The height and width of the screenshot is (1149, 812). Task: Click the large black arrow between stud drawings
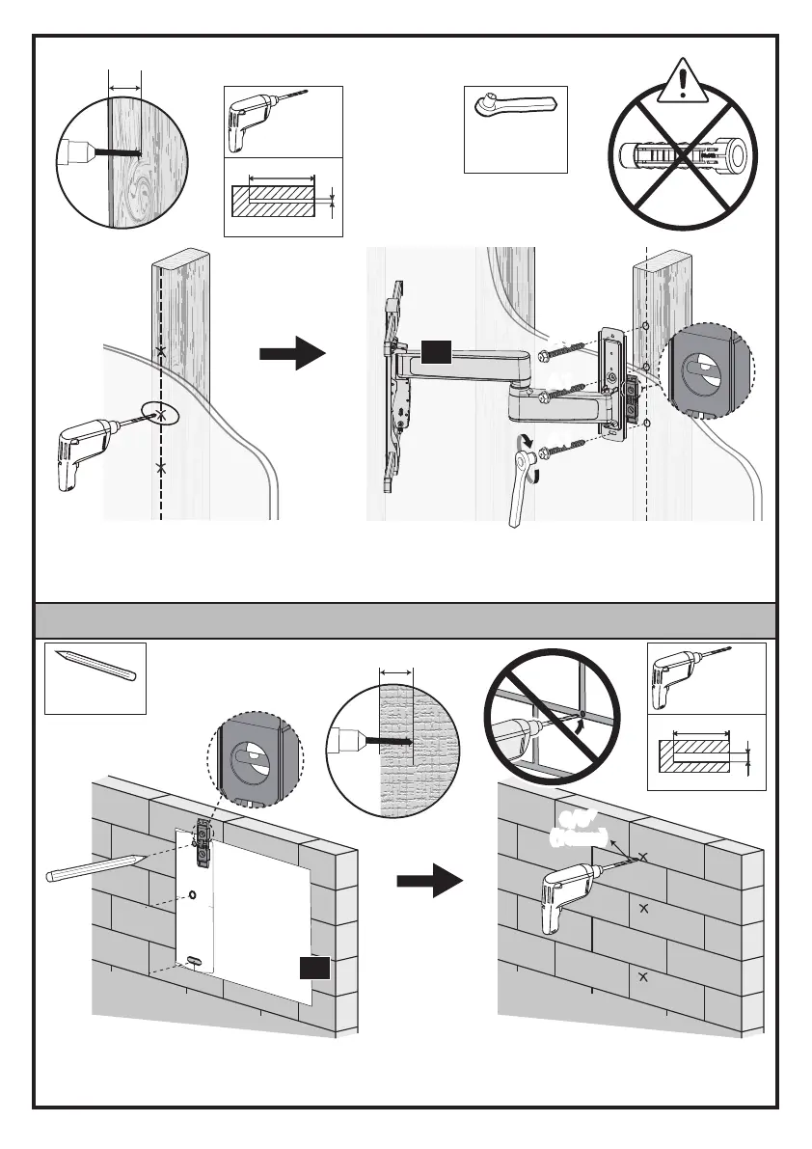tap(293, 354)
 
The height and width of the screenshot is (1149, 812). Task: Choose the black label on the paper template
tap(313, 969)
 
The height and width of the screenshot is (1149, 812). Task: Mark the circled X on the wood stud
tap(161, 414)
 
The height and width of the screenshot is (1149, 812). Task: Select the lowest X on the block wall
tap(643, 977)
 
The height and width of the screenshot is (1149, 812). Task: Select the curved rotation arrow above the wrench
tap(526, 443)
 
